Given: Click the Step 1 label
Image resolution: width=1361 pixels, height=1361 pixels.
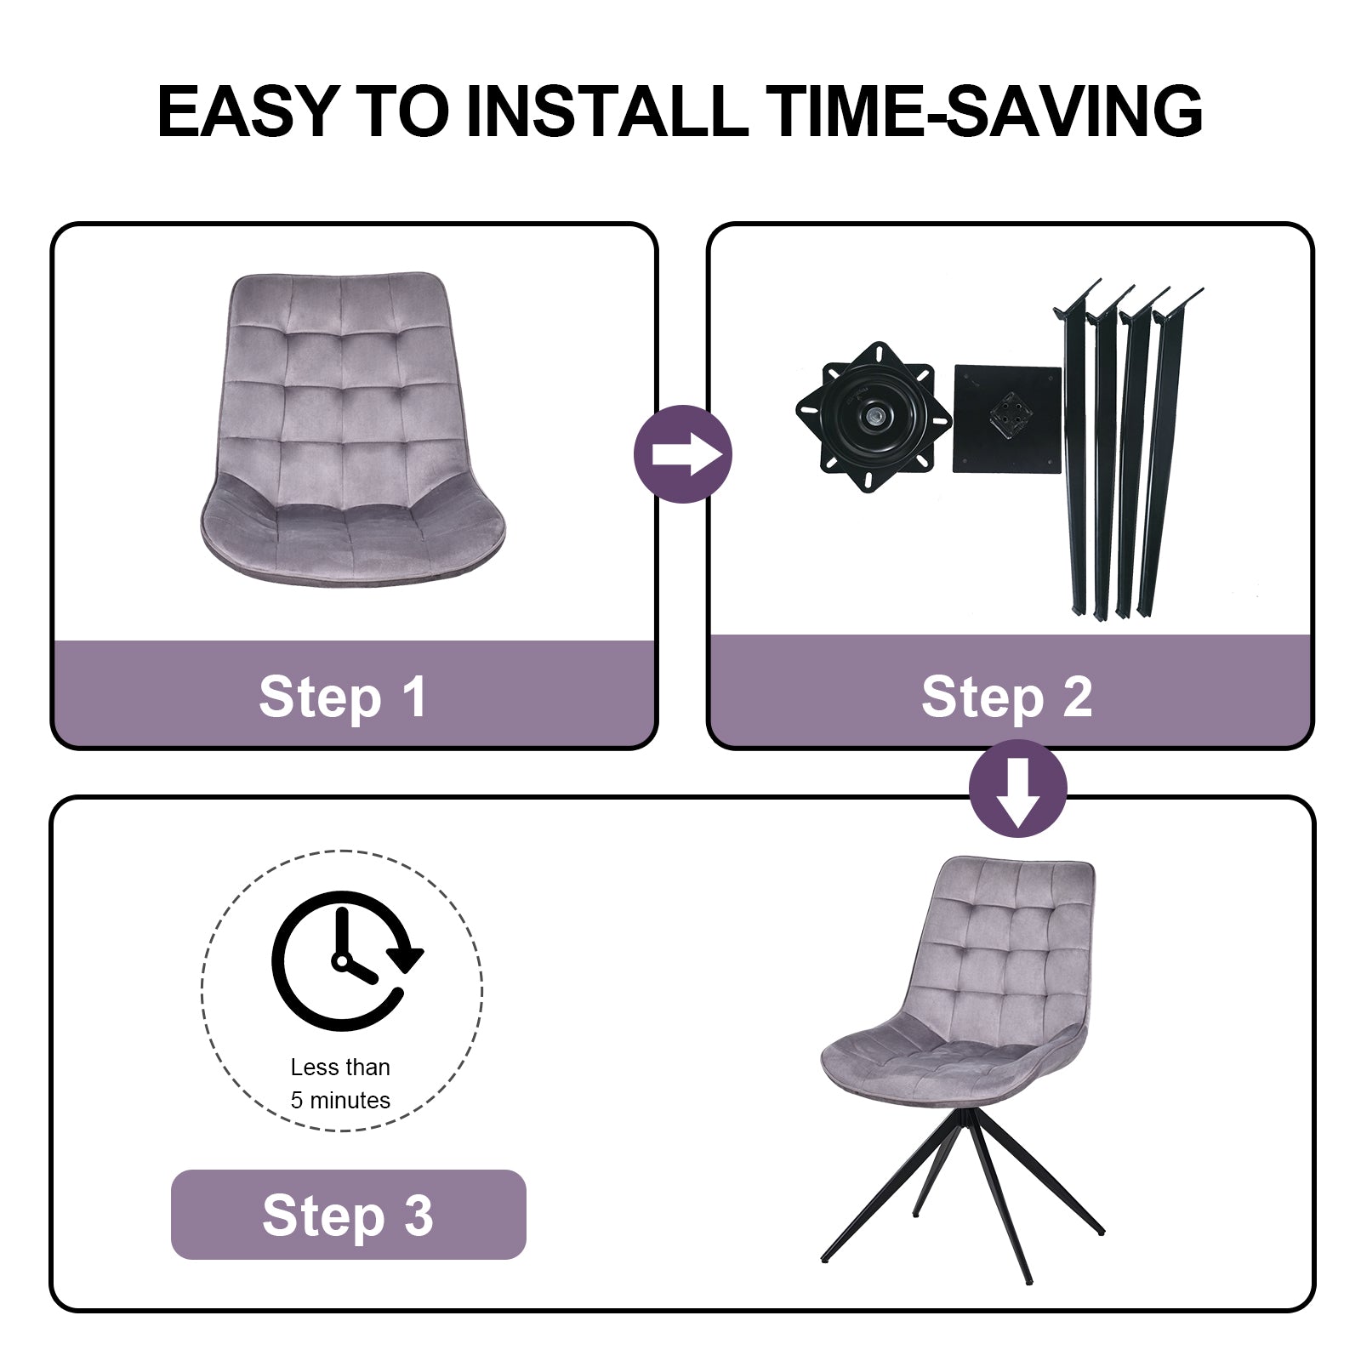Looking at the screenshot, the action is click(342, 698).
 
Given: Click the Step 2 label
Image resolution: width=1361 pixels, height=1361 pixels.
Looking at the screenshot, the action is click(1007, 698).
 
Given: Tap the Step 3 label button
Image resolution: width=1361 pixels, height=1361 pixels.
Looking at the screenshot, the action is click(349, 1214).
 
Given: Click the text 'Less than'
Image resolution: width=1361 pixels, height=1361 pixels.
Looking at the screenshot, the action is click(340, 1067).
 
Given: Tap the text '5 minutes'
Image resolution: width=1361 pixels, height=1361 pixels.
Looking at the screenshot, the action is click(340, 1100).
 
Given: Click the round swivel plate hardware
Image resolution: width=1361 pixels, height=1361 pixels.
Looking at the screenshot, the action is click(874, 418).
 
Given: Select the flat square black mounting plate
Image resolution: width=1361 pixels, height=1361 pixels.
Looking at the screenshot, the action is click(1008, 419).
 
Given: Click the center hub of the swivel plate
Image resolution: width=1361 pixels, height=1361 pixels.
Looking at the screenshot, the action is click(874, 418).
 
